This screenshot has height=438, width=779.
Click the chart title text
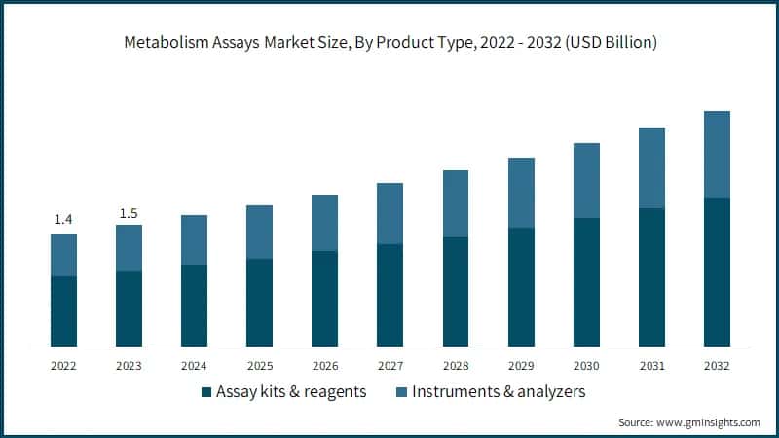(x=389, y=42)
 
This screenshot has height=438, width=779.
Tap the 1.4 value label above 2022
(x=63, y=220)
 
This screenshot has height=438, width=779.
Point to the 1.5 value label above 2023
(x=129, y=212)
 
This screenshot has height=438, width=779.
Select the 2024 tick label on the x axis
(x=194, y=366)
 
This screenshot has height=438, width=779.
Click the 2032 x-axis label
(x=717, y=366)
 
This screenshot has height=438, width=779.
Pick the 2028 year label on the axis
(x=455, y=366)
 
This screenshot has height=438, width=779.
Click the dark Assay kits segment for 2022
(x=63, y=311)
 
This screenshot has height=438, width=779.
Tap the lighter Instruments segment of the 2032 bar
(x=717, y=154)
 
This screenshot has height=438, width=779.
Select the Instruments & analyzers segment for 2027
(x=389, y=213)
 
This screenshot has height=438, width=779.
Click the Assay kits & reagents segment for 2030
(x=586, y=282)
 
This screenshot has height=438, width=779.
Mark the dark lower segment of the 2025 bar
(x=259, y=303)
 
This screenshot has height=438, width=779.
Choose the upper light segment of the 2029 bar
(x=521, y=193)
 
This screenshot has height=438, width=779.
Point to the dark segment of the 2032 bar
(x=717, y=273)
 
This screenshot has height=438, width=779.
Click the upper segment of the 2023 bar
(x=129, y=247)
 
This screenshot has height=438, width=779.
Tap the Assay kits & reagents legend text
(x=291, y=392)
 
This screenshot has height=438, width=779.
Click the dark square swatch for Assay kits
(x=205, y=392)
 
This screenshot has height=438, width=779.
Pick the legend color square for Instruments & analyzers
(x=401, y=392)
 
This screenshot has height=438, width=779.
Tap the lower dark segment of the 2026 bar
(x=324, y=299)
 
